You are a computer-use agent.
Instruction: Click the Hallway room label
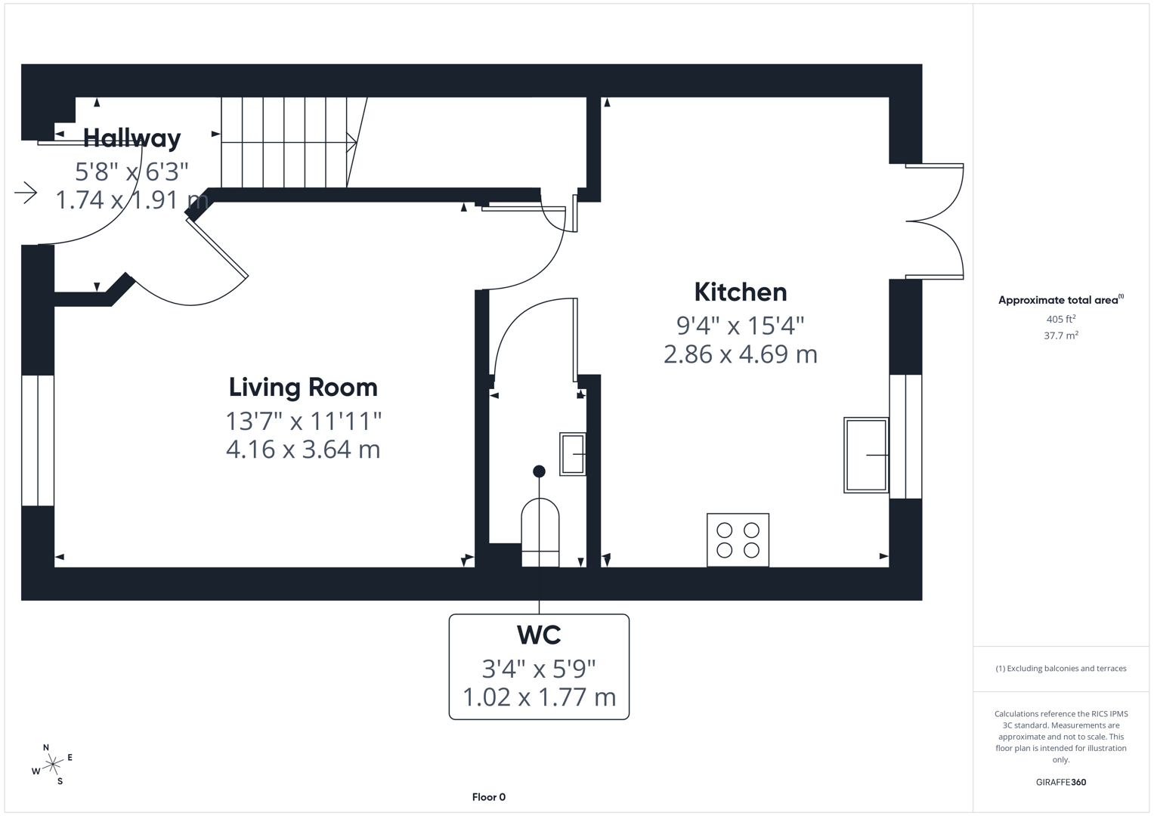132,138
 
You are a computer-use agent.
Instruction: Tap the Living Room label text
303,388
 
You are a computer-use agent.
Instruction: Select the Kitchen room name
741,292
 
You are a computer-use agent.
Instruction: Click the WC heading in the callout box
539,635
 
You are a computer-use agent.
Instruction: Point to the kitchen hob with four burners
738,540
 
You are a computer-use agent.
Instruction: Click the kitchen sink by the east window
866,455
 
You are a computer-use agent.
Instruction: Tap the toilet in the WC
540,533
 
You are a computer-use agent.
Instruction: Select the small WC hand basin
573,454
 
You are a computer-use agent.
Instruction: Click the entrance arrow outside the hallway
26,193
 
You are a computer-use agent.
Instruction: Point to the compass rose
52,765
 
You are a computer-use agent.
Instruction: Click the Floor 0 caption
489,797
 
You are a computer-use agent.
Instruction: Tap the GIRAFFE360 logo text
1061,782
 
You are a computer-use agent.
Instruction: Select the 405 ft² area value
1060,319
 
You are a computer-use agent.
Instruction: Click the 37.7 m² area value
1061,335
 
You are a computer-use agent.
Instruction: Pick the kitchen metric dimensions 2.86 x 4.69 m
741,354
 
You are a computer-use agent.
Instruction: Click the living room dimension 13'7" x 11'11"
304,422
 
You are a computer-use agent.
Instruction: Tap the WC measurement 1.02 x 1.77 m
539,697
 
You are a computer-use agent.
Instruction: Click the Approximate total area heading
1061,300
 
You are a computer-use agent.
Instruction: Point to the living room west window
38,440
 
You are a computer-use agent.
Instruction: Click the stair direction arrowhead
352,142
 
